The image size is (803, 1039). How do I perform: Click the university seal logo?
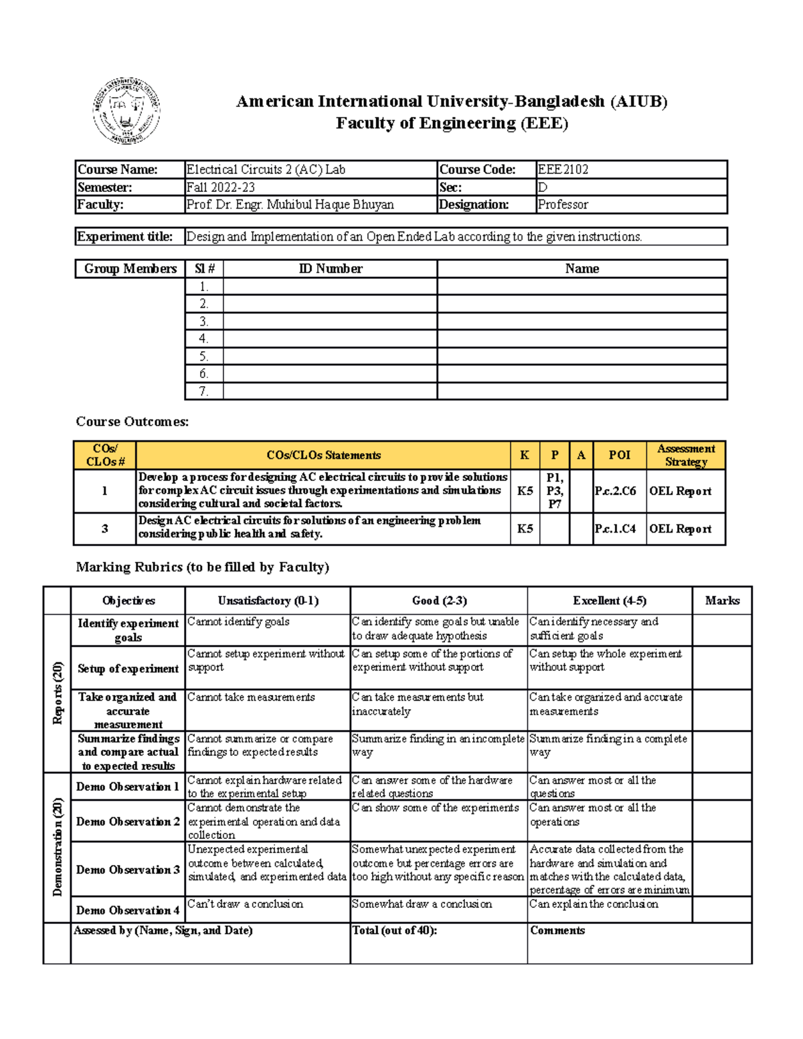click(126, 111)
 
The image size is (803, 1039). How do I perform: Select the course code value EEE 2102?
click(563, 170)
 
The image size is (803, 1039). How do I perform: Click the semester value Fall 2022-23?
click(221, 188)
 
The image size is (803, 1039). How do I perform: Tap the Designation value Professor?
click(563, 205)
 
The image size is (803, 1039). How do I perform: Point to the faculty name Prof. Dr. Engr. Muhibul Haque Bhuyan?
click(290, 205)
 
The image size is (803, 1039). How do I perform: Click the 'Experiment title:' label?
click(125, 237)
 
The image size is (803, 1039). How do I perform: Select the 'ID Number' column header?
click(330, 269)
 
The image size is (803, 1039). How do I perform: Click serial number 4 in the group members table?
click(203, 339)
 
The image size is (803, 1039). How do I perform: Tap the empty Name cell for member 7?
click(582, 391)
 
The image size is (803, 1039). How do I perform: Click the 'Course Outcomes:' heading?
click(132, 421)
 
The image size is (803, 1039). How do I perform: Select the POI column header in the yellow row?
click(619, 455)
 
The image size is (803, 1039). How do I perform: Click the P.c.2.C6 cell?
click(616, 491)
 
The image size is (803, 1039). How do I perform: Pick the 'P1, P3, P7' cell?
click(554, 491)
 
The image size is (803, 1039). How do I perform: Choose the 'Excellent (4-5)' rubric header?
click(609, 601)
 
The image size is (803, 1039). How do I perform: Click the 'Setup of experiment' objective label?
click(128, 668)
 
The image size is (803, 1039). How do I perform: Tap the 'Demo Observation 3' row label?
click(128, 870)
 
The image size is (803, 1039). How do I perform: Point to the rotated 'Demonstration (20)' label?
click(58, 846)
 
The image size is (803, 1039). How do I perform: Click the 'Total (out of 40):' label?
click(395, 931)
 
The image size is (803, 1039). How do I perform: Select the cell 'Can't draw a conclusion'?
click(246, 905)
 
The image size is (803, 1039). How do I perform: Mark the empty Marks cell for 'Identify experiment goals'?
click(721, 630)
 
